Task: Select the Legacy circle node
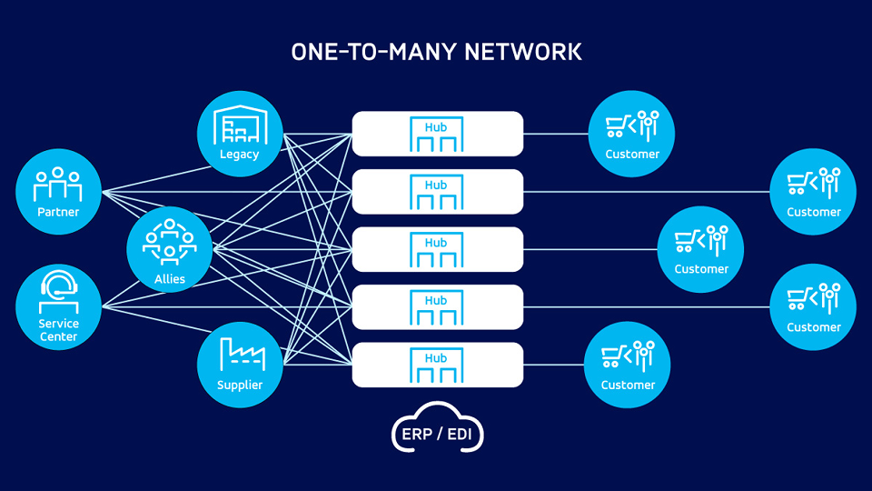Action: point(240,134)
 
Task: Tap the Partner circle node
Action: point(58,192)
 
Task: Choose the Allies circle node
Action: point(170,249)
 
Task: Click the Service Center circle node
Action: point(58,306)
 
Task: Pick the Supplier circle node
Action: point(240,365)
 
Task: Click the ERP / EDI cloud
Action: point(437,430)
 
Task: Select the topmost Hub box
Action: point(437,134)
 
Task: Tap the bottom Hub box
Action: point(437,365)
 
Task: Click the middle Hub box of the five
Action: point(437,249)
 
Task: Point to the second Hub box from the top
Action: point(437,192)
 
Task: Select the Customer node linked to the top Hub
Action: point(632,134)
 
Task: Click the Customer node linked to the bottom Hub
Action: point(628,365)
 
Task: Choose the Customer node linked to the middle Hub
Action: point(700,249)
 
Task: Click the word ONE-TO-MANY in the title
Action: point(372,52)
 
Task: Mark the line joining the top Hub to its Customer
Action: point(556,134)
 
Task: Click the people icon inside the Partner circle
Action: point(58,184)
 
